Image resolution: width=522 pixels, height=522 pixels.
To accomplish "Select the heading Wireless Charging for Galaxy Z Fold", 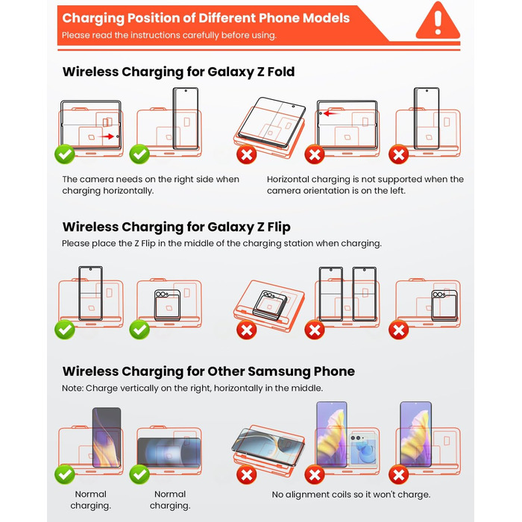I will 178,72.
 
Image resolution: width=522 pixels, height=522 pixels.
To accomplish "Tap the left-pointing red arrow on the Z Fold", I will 329,114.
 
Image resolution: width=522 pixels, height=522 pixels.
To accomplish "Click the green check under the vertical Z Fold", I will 139,154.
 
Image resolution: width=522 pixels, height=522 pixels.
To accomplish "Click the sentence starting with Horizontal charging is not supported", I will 365,185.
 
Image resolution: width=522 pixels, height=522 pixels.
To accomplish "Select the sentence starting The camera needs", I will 151,185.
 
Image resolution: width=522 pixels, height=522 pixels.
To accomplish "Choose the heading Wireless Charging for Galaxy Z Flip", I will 176,227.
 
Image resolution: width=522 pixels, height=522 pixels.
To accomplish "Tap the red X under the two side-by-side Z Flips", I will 315,330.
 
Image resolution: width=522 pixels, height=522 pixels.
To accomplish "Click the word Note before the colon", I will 72,389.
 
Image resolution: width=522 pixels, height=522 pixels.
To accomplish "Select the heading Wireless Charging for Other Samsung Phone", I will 208,371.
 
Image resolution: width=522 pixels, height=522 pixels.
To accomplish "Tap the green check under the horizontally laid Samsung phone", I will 139,474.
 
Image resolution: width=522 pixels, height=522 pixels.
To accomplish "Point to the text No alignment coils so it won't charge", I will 350,494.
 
